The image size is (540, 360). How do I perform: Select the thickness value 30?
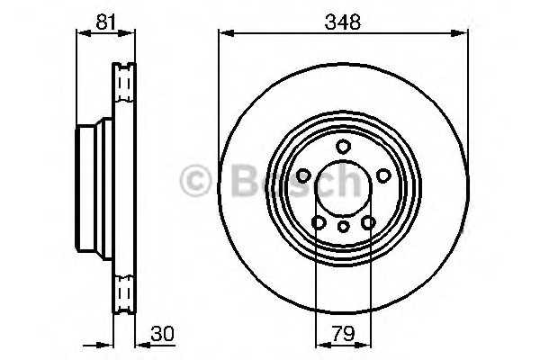point(161,334)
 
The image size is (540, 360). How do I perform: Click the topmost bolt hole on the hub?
point(342,148)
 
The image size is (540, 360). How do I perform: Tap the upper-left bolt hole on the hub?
point(303,175)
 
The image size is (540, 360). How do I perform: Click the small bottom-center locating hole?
point(342,226)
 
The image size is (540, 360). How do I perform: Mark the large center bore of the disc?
point(342,190)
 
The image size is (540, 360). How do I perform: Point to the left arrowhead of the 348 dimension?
point(223,33)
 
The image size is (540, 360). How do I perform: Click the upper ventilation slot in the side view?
point(123,85)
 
